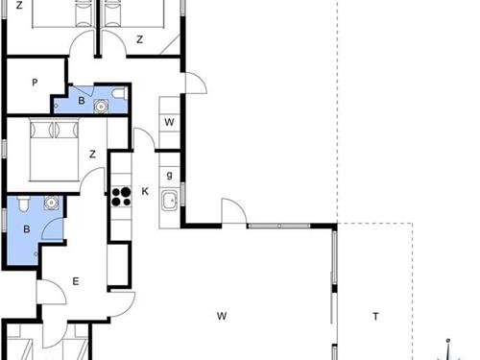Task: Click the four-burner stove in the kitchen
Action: click(122, 197)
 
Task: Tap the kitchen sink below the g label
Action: click(169, 201)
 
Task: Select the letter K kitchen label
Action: click(145, 191)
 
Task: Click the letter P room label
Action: click(35, 83)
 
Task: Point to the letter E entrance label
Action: click(76, 281)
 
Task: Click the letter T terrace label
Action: click(375, 317)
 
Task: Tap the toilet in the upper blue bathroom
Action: click(120, 93)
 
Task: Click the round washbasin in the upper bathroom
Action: click(101, 106)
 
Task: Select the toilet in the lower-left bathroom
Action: click(23, 204)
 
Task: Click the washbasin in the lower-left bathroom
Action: click(51, 203)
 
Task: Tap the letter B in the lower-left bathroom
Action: click(27, 229)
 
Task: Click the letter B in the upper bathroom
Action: click(82, 101)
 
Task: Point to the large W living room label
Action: click(222, 316)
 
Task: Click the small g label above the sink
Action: click(169, 175)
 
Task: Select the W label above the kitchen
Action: click(169, 122)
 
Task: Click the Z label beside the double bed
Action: click(92, 155)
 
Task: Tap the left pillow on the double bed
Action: click(42, 130)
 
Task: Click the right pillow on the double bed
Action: click(66, 130)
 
